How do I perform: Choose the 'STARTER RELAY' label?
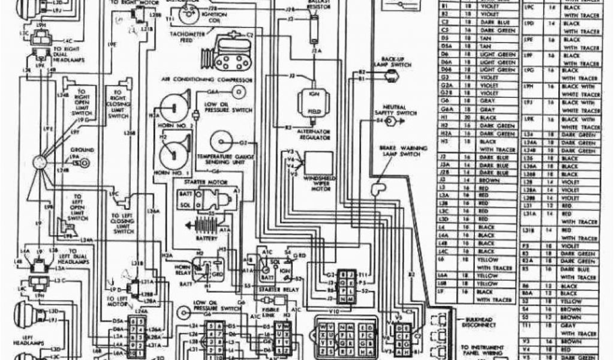click(x=280, y=289)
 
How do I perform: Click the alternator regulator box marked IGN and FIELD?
click(x=312, y=102)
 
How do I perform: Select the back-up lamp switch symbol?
click(x=392, y=75)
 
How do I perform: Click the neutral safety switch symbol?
click(x=390, y=121)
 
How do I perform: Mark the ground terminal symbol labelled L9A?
click(x=85, y=162)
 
